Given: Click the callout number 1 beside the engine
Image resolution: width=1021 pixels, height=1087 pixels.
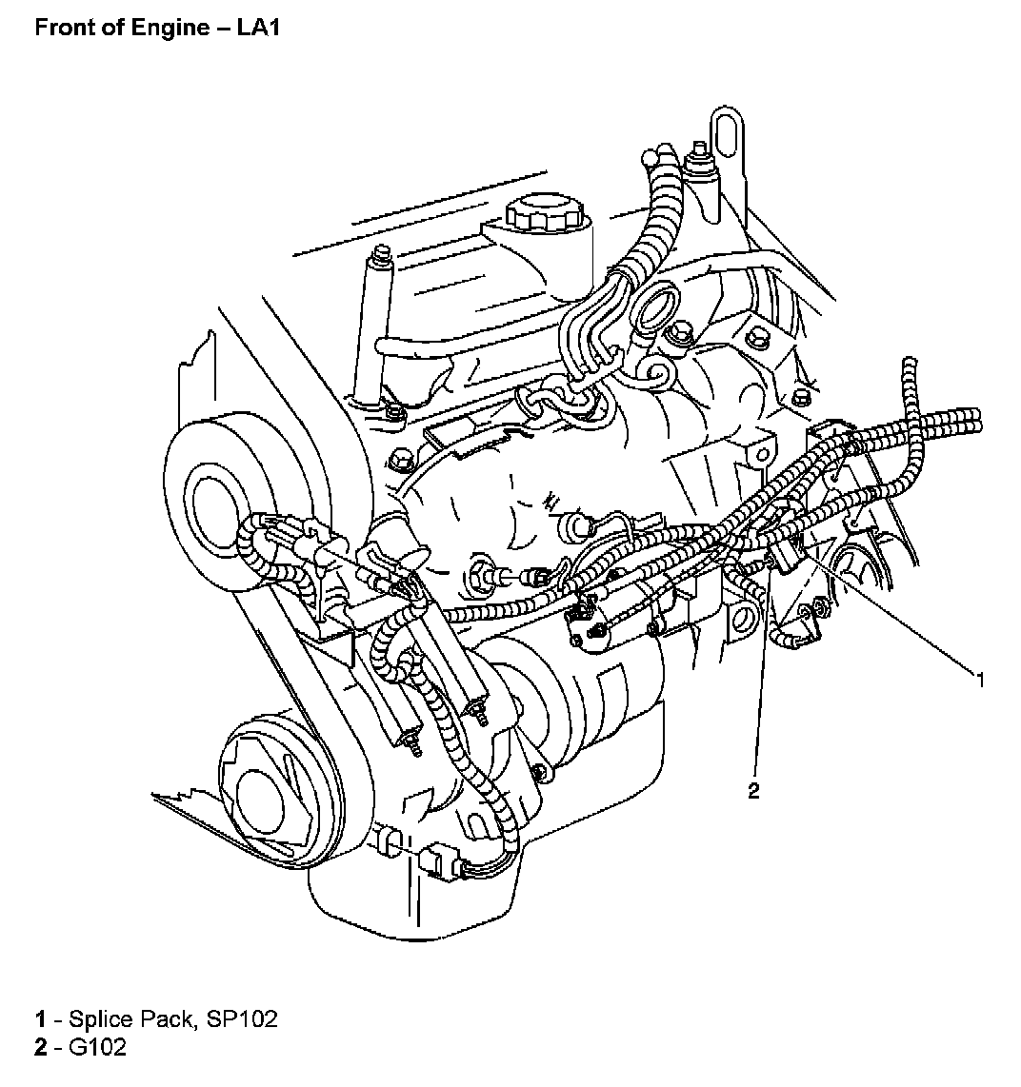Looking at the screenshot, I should [x=979, y=679].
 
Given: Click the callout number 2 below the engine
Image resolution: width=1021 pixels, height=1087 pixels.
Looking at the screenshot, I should [x=753, y=791].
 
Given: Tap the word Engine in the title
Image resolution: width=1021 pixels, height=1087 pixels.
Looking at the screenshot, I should [x=177, y=27].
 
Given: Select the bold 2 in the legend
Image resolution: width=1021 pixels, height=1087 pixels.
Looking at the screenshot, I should [x=40, y=1048].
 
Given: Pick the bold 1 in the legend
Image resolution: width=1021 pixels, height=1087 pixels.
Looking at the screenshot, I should [x=40, y=1019].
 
